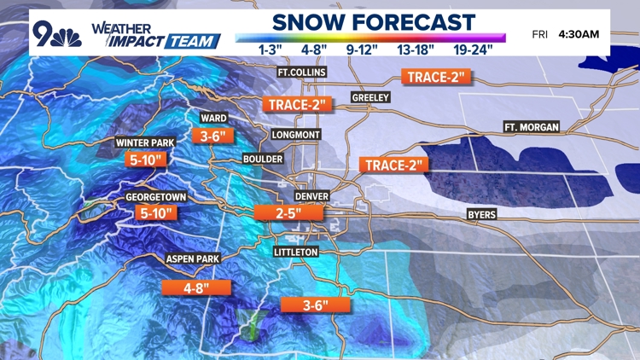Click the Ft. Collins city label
coord(302,73)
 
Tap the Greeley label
coord(370,98)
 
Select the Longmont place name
coord(295,135)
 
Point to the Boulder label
coord(262,159)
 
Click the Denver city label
coord(311,195)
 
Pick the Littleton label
coord(296,253)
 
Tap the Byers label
coord(481,215)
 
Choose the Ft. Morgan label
coord(532,127)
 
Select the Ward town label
coord(213,118)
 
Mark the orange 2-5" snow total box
coord(279,213)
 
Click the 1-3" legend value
coord(271,49)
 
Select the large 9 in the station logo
coord(44,32)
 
